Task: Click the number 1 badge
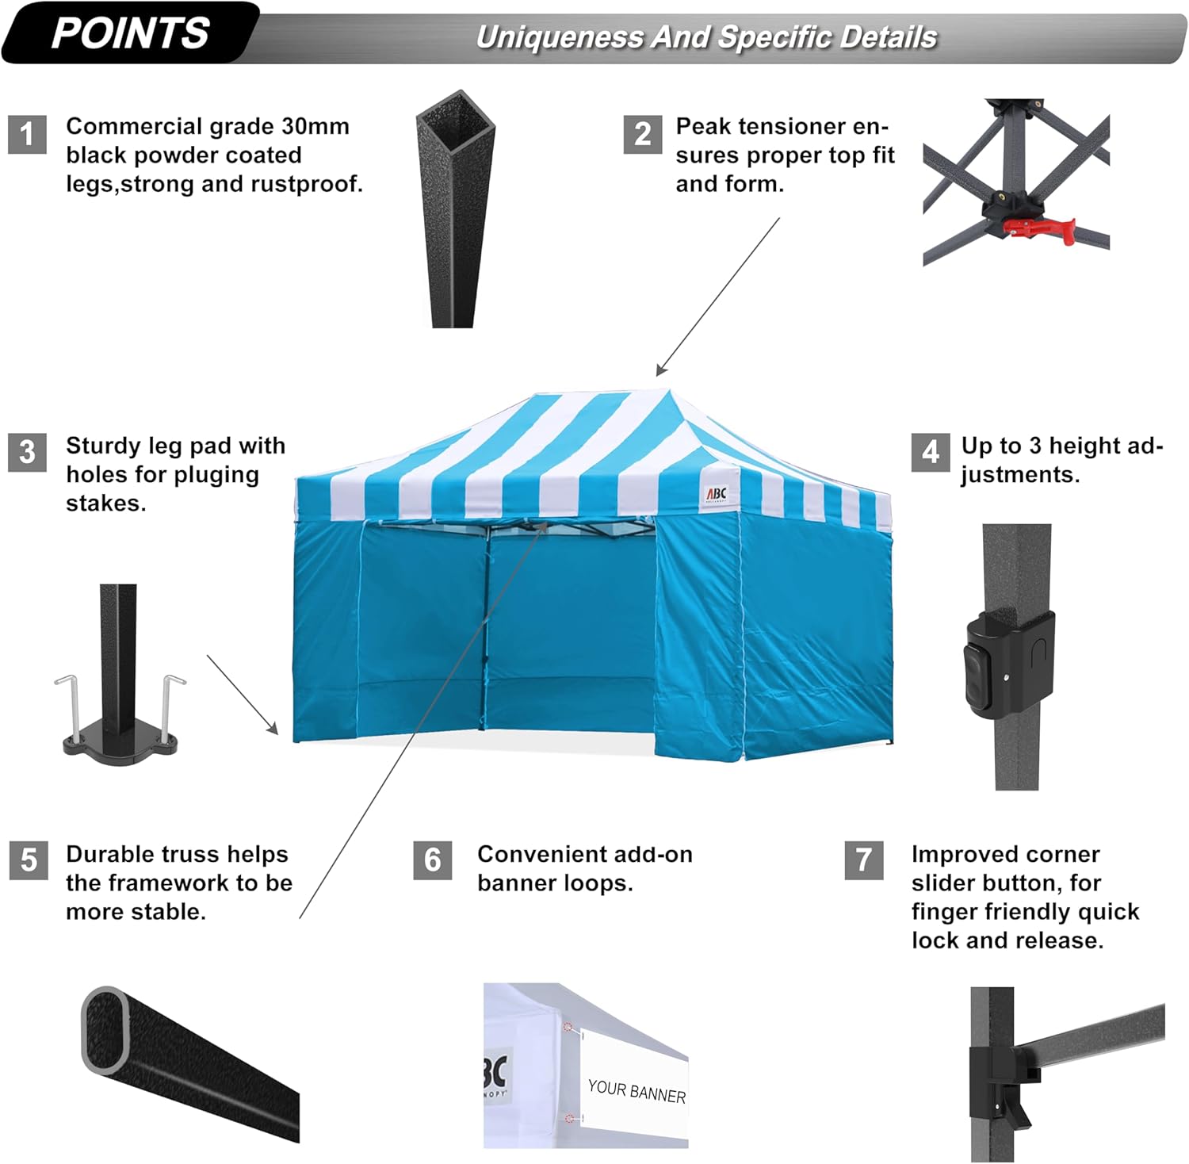point(27,134)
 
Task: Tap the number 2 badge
point(642,134)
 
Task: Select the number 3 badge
point(27,452)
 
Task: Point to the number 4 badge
point(930,452)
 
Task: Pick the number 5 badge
point(29,860)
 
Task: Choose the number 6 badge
point(432,860)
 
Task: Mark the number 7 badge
point(864,860)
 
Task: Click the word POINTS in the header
point(130,33)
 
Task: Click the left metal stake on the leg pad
point(68,706)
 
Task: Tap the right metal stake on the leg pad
point(169,706)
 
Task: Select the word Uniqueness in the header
point(558,37)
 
